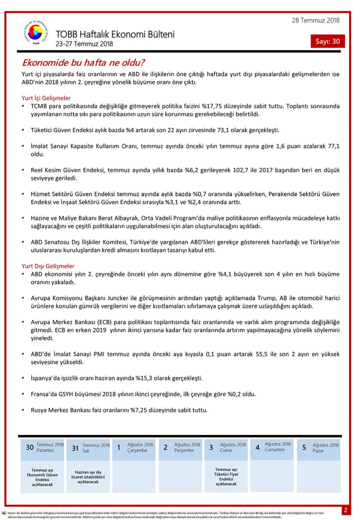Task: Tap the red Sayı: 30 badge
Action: pyautogui.click(x=328, y=41)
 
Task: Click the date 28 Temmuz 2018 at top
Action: pyautogui.click(x=315, y=20)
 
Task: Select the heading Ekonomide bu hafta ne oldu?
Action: pyautogui.click(x=83, y=63)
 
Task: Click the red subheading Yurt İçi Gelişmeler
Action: pyautogui.click(x=46, y=98)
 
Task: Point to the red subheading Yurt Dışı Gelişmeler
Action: pyautogui.click(x=48, y=266)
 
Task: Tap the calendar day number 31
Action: pyautogui.click(x=75, y=448)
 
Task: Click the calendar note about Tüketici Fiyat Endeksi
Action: pyautogui.click(x=226, y=477)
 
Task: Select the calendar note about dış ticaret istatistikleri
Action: pyautogui.click(x=88, y=477)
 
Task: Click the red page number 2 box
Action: pyautogui.click(x=346, y=510)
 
